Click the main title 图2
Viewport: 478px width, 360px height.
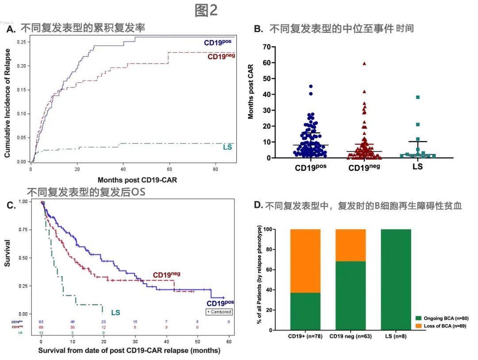tap(206, 10)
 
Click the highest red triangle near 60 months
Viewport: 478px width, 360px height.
tap(364, 63)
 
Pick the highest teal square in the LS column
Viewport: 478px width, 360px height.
tap(417, 97)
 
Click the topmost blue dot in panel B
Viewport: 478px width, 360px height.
tap(311, 87)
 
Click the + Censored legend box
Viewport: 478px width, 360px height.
tap(219, 311)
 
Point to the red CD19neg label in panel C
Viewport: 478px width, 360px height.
tap(166, 275)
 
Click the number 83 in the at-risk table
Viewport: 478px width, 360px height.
tap(41, 322)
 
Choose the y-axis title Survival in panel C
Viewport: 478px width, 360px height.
tap(8, 258)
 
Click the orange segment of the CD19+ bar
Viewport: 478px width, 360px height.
tap(305, 261)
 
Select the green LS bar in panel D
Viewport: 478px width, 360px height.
tap(396, 280)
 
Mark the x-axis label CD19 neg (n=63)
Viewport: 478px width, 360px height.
tap(351, 337)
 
